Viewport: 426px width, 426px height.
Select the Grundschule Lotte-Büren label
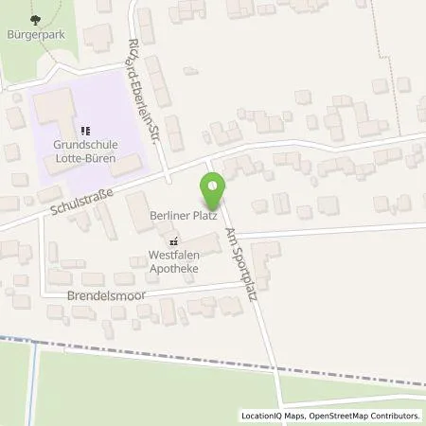click(x=84, y=152)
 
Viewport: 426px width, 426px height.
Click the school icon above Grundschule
click(x=84, y=131)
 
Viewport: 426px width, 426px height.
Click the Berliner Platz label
click(x=183, y=216)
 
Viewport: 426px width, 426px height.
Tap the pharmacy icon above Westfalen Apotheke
click(x=172, y=241)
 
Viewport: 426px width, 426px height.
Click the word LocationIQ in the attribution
click(x=263, y=416)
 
